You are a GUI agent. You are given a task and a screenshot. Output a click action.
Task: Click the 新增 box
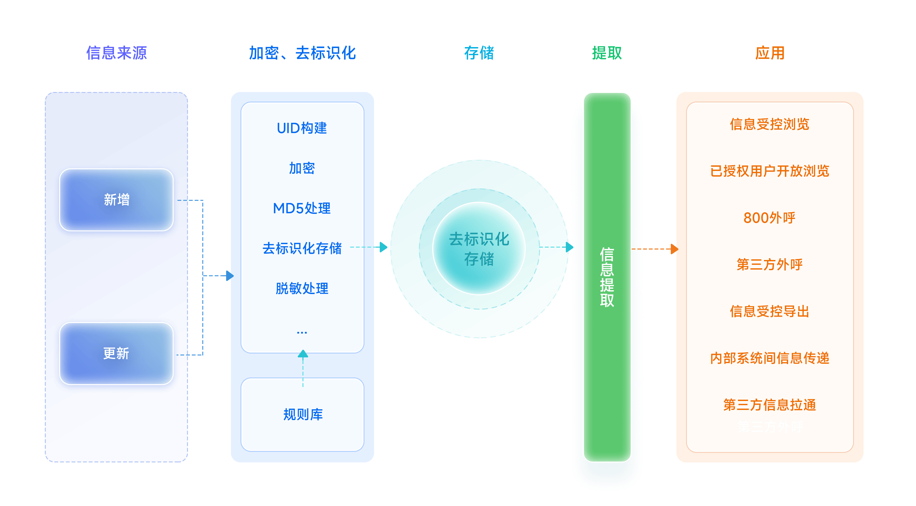click(116, 200)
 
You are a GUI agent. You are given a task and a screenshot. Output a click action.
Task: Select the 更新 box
click(116, 353)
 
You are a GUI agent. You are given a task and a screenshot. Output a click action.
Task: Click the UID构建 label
click(302, 128)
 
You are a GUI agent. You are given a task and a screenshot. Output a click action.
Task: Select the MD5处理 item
click(302, 208)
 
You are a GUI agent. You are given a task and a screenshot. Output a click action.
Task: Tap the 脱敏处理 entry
click(302, 288)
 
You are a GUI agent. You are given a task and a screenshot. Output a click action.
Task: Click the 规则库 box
click(302, 415)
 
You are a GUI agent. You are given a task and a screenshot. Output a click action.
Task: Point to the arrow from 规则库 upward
click(302, 367)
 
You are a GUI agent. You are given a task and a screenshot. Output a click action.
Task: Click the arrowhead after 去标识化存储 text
click(383, 247)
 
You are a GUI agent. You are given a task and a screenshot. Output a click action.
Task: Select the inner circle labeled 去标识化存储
click(479, 248)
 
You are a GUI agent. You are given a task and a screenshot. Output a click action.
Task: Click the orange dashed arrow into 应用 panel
click(654, 249)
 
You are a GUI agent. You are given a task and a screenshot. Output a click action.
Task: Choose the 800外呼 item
click(769, 218)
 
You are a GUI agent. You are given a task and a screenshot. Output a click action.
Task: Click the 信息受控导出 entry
click(769, 311)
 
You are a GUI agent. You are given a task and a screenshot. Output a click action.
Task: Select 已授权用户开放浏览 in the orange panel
click(769, 171)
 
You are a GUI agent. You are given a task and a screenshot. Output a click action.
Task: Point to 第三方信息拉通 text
click(769, 405)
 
